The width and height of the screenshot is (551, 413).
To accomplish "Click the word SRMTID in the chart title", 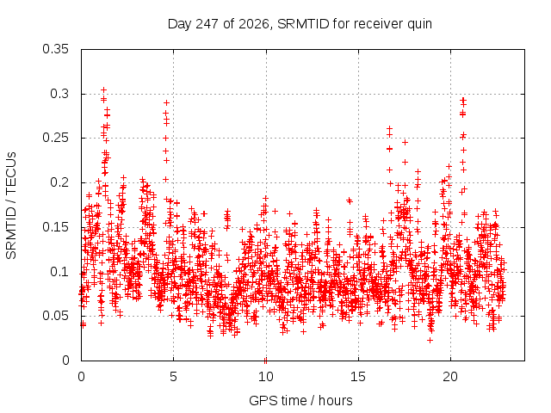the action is coord(303,24).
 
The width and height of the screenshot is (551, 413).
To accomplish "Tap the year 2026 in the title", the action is coord(254,24).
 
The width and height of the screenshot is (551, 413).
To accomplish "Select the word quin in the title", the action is coord(419,25).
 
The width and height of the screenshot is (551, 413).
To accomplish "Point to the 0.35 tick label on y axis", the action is coord(55,49).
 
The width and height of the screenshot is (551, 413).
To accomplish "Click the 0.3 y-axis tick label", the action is coord(59,94).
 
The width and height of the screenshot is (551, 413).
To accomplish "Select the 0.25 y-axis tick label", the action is coord(55,138).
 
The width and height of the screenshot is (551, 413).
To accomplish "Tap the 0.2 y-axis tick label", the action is coord(59,182).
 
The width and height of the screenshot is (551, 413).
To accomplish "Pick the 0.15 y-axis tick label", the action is coord(55,227).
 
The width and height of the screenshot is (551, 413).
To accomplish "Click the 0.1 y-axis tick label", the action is coord(59,272).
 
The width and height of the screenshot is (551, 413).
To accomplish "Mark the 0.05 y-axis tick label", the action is coord(55,316).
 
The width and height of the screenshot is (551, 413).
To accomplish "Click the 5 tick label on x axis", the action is coord(173,377).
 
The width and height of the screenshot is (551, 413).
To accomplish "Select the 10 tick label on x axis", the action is coord(266,377).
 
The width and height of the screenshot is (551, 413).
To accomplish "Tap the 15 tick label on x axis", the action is coord(358,377).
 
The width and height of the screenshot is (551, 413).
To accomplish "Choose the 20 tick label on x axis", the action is coord(450,377).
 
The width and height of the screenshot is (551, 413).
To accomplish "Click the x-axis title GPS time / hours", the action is coord(300,400).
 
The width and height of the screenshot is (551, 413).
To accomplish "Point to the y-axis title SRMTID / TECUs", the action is coord(11,206).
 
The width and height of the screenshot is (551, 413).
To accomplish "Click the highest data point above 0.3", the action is coord(103,90).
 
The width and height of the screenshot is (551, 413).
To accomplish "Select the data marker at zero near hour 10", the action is coord(266,361).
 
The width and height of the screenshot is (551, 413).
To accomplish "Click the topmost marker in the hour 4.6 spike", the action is coord(166,102).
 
